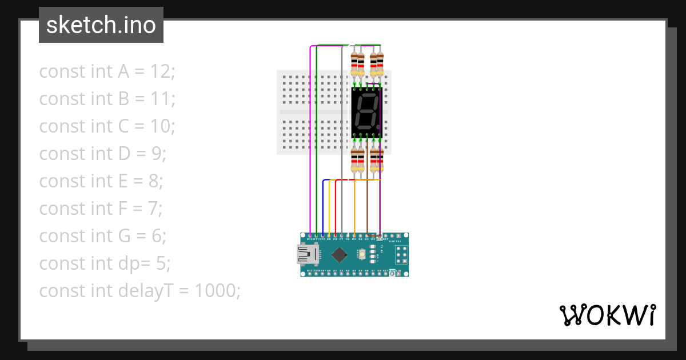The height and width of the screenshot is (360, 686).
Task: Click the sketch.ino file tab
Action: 101,25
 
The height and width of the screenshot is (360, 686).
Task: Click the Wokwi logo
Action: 607,315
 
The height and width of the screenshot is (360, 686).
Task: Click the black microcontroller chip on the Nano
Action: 340,254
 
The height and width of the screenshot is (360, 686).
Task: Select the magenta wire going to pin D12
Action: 310,143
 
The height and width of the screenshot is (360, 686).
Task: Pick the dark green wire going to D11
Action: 317,143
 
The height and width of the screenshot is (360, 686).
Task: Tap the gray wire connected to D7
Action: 342,143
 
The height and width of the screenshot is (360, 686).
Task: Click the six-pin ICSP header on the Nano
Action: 401,254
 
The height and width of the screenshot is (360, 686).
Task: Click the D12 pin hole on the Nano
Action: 310,235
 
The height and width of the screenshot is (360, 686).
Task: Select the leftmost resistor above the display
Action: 354,64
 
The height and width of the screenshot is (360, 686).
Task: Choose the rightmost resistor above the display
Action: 380,64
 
